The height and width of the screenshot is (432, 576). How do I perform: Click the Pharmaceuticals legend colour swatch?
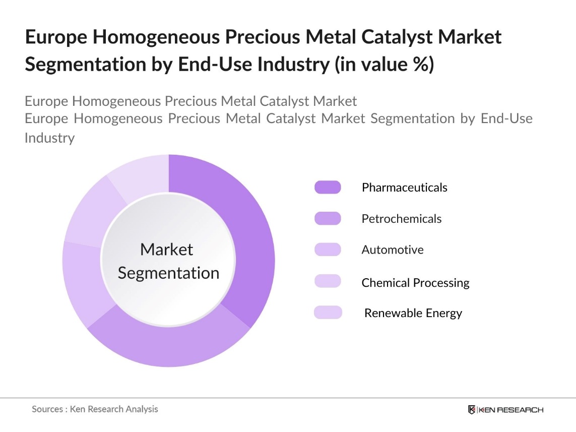click(328, 188)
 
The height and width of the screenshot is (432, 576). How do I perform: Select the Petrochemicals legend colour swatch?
click(328, 219)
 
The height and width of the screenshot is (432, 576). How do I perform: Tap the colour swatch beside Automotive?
click(328, 250)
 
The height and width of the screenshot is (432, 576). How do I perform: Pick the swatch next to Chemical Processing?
click(328, 281)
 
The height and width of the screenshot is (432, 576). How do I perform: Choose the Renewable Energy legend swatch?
click(328, 313)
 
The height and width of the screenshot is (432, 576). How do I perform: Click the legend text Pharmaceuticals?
click(404, 188)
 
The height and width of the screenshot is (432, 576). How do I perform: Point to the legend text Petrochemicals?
click(401, 219)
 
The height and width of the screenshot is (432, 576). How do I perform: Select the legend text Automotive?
click(393, 250)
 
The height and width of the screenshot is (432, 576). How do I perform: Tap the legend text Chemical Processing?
click(415, 283)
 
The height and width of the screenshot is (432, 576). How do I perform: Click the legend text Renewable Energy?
click(413, 313)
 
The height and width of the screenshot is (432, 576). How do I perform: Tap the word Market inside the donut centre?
click(167, 250)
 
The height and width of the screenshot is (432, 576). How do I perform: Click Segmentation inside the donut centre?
click(168, 273)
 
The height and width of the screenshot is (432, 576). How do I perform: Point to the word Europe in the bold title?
click(55, 37)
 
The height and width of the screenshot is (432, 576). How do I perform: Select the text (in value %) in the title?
click(385, 65)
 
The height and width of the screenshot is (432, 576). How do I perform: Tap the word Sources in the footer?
click(47, 409)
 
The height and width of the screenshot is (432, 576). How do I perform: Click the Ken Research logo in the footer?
click(505, 409)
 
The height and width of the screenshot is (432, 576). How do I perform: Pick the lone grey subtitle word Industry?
click(49, 138)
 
